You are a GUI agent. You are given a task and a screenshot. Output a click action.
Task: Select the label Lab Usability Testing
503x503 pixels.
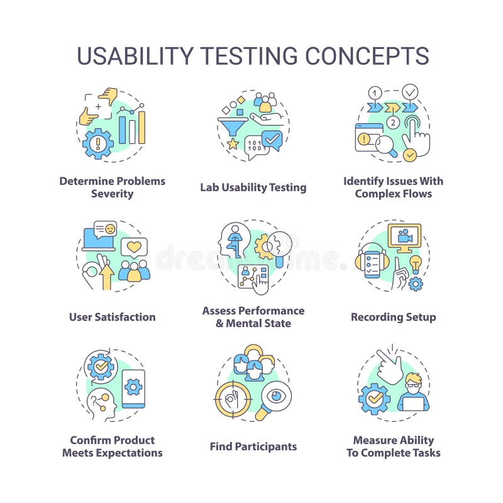tap(253, 187)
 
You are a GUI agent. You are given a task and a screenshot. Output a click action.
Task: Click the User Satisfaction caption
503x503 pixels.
tap(113, 317)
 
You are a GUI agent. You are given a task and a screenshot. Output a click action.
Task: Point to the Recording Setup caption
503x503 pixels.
tap(394, 317)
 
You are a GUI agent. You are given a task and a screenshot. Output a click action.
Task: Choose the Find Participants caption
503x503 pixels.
tap(253, 446)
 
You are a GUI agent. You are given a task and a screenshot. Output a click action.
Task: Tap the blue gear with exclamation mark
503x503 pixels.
tap(98, 144)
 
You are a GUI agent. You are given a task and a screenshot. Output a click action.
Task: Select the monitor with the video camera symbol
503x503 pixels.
tap(404, 236)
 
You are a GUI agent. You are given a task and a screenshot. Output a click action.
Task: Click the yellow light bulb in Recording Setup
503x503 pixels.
tap(415, 263)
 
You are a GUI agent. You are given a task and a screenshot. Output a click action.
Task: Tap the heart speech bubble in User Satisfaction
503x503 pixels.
tap(134, 247)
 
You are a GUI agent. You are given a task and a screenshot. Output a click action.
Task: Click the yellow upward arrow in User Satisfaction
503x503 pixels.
tap(106, 275)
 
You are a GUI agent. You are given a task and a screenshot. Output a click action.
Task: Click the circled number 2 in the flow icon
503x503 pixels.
tap(393, 122)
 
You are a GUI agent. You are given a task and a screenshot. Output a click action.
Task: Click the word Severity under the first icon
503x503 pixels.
tap(113, 194)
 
